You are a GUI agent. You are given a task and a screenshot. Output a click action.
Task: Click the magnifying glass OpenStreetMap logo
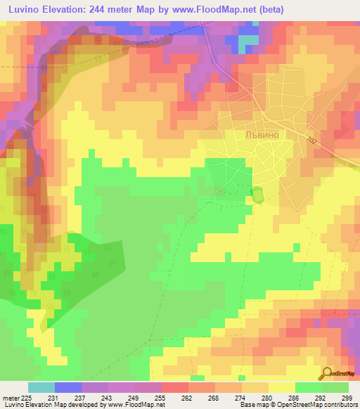pos(328,373)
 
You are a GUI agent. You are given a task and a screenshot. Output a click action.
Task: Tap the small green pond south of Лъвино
pos(257,194)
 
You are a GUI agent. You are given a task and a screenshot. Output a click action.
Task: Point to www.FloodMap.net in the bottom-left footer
pos(134,405)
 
